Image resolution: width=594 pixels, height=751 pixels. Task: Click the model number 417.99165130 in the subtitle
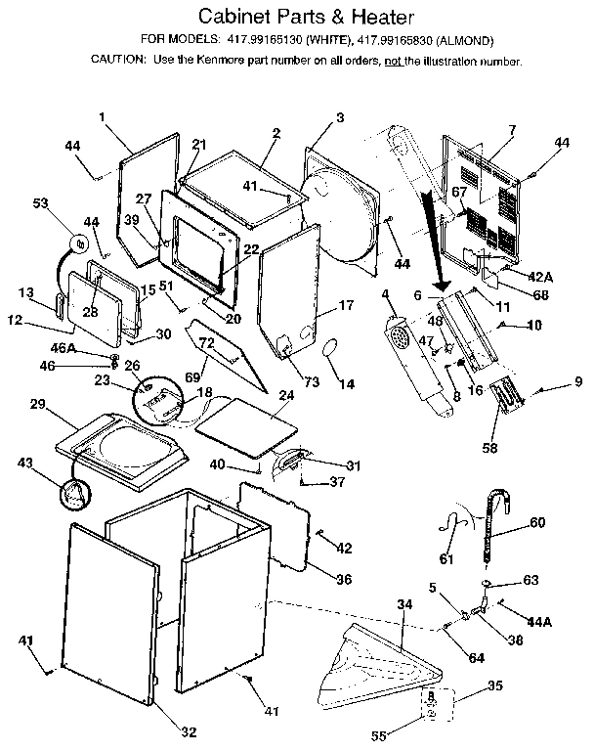pyautogui.click(x=265, y=41)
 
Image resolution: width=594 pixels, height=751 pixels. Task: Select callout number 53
pyautogui.click(x=40, y=204)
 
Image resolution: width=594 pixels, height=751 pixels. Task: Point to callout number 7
pyautogui.click(x=511, y=130)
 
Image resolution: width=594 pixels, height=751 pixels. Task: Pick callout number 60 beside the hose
pyautogui.click(x=536, y=522)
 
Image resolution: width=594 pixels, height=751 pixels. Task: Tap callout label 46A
pyautogui.click(x=64, y=347)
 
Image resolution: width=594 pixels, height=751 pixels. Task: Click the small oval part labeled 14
pyautogui.click(x=329, y=348)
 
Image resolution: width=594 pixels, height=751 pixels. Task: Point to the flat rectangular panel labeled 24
pyautogui.click(x=245, y=418)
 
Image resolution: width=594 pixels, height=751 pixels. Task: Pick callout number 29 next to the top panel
pyautogui.click(x=38, y=405)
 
